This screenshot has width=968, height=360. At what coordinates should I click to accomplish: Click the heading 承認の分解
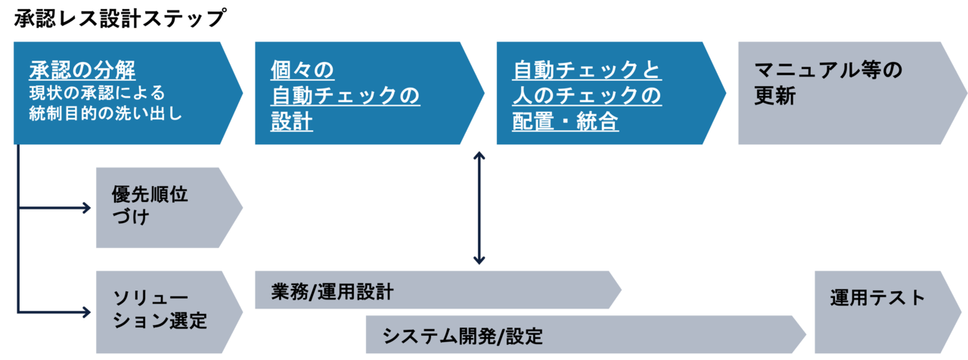pyautogui.click(x=82, y=71)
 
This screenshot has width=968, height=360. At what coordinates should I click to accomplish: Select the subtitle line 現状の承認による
pyautogui.click(x=97, y=92)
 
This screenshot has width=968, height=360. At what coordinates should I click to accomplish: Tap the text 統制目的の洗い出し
pyautogui.click(x=106, y=114)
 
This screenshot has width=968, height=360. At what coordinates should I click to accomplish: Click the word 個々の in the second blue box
pyautogui.click(x=302, y=71)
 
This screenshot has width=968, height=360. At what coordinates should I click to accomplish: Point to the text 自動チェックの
pyautogui.click(x=345, y=96)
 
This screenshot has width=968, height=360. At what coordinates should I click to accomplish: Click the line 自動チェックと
pyautogui.click(x=587, y=71)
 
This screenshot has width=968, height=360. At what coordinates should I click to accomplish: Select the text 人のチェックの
pyautogui.click(x=587, y=96)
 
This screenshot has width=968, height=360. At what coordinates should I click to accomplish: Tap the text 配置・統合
pyautogui.click(x=566, y=122)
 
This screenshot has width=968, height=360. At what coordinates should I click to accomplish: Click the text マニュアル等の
pyautogui.click(x=829, y=71)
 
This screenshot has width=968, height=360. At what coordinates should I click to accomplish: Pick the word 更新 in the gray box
pyautogui.click(x=775, y=97)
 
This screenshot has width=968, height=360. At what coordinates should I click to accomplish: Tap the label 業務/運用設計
pyautogui.click(x=332, y=291)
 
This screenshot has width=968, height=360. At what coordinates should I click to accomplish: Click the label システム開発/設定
pyautogui.click(x=462, y=335)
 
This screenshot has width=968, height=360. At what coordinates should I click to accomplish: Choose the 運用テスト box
pyautogui.click(x=877, y=298)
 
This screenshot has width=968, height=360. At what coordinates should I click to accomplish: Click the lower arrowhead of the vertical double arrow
pyautogui.click(x=479, y=259)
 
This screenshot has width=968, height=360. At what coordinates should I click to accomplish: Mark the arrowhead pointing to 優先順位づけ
pyautogui.click(x=85, y=207)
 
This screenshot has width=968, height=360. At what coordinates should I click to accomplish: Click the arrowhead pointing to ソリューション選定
pyautogui.click(x=85, y=310)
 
